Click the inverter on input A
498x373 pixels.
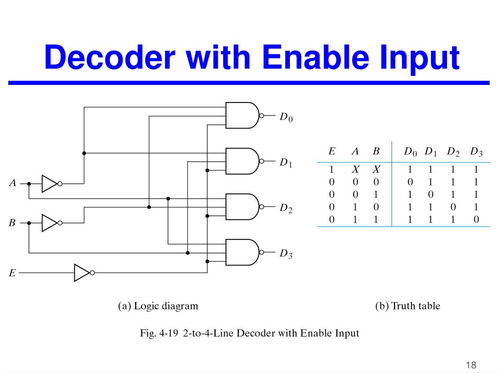[x=52, y=184]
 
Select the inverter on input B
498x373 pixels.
[x=52, y=223]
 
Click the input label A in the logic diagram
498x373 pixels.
[x=13, y=183]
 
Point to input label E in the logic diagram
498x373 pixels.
[x=12, y=273]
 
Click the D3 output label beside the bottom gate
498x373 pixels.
[x=286, y=254]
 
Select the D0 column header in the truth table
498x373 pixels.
[x=410, y=152]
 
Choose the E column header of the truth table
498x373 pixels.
[x=332, y=151]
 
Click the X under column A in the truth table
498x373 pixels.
[x=356, y=170]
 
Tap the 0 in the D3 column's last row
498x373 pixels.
[x=476, y=219]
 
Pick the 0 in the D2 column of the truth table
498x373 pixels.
[x=453, y=207]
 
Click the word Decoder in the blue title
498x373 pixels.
[x=110, y=57]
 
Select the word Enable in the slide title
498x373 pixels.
[x=316, y=57]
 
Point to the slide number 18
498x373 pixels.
[x=471, y=365]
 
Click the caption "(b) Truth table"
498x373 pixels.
[x=408, y=306]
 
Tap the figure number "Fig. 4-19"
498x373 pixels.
[x=159, y=333]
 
